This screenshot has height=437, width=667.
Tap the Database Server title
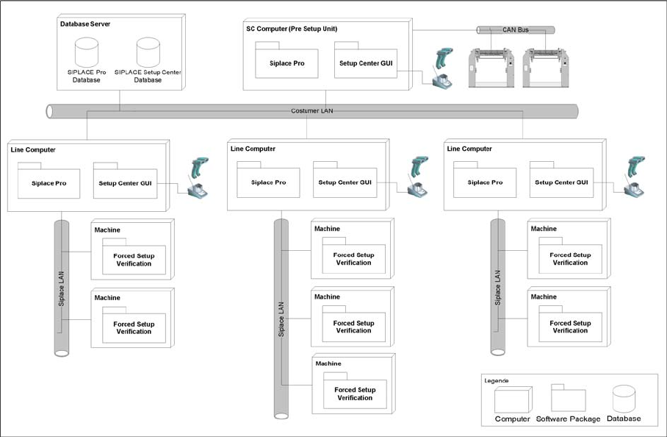click(85, 24)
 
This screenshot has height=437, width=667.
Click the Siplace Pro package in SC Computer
click(287, 63)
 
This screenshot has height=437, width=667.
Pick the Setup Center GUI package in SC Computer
click(366, 63)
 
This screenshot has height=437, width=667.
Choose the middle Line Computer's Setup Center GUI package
click(345, 182)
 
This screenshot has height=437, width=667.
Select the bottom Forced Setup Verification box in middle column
click(355, 394)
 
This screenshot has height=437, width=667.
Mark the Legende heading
click(496, 380)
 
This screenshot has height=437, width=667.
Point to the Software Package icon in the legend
click(568, 399)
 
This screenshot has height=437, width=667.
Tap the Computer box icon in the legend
click(511, 400)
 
